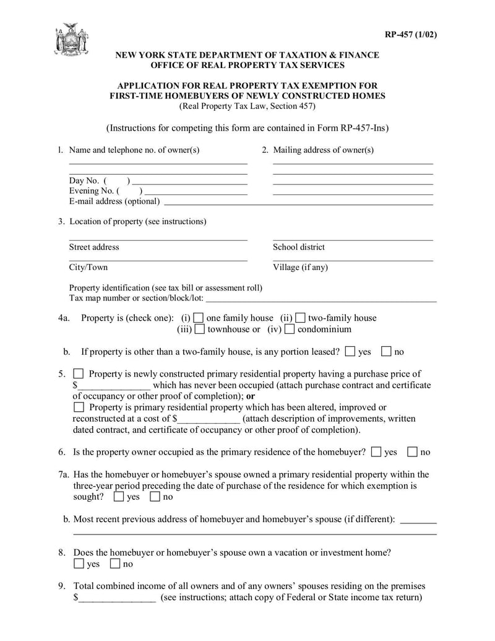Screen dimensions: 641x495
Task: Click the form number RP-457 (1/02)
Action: click(411, 34)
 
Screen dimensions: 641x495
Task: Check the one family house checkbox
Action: click(198, 318)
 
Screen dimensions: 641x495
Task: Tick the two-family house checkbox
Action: click(300, 318)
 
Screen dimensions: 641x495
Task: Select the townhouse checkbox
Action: click(199, 329)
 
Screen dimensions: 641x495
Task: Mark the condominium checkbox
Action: click(290, 329)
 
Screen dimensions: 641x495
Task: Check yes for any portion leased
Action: click(350, 352)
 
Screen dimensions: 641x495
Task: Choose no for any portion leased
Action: click(387, 352)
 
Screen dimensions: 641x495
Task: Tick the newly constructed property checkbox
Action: click(79, 374)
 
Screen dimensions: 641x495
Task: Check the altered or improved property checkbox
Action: click(79, 408)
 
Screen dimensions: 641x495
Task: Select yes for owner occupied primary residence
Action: click(376, 452)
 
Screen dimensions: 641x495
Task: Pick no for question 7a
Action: click(155, 497)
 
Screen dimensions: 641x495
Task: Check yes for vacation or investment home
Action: click(79, 564)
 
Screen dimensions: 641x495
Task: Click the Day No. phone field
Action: click(189, 181)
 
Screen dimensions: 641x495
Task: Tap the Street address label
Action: click(94, 247)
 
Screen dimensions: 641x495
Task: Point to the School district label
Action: click(298, 247)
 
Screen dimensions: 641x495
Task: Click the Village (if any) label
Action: click(300, 268)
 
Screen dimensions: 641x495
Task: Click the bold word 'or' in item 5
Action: click(251, 396)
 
